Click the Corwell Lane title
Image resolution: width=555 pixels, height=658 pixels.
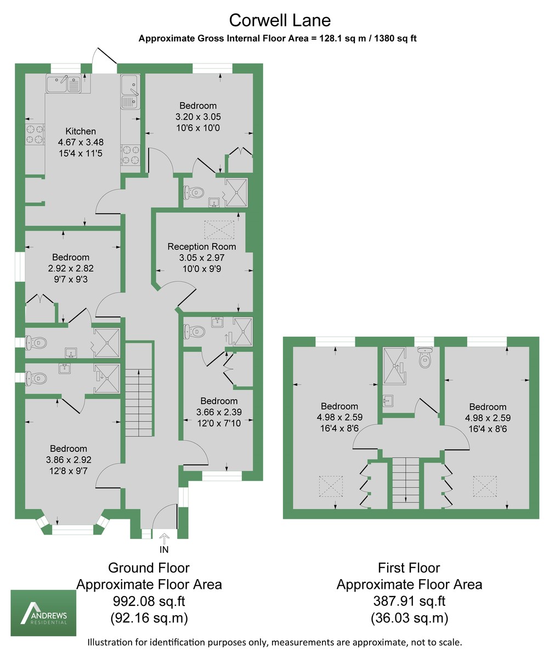click(280, 20)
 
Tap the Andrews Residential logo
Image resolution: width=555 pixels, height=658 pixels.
click(43, 613)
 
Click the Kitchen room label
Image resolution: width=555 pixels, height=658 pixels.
click(81, 131)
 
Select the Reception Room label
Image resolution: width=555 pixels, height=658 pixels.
click(201, 246)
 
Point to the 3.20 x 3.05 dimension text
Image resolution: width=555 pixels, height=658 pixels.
click(198, 117)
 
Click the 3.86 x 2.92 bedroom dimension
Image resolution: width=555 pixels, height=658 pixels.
click(69, 460)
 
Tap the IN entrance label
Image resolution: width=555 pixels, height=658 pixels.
click(164, 549)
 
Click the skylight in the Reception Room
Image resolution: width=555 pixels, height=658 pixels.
click(220, 229)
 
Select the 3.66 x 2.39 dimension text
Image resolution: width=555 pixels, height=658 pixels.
click(219, 412)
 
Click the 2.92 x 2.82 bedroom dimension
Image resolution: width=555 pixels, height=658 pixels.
click(71, 268)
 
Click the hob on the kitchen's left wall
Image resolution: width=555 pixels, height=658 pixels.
click(34, 134)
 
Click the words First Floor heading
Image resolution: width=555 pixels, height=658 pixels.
click(409, 568)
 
